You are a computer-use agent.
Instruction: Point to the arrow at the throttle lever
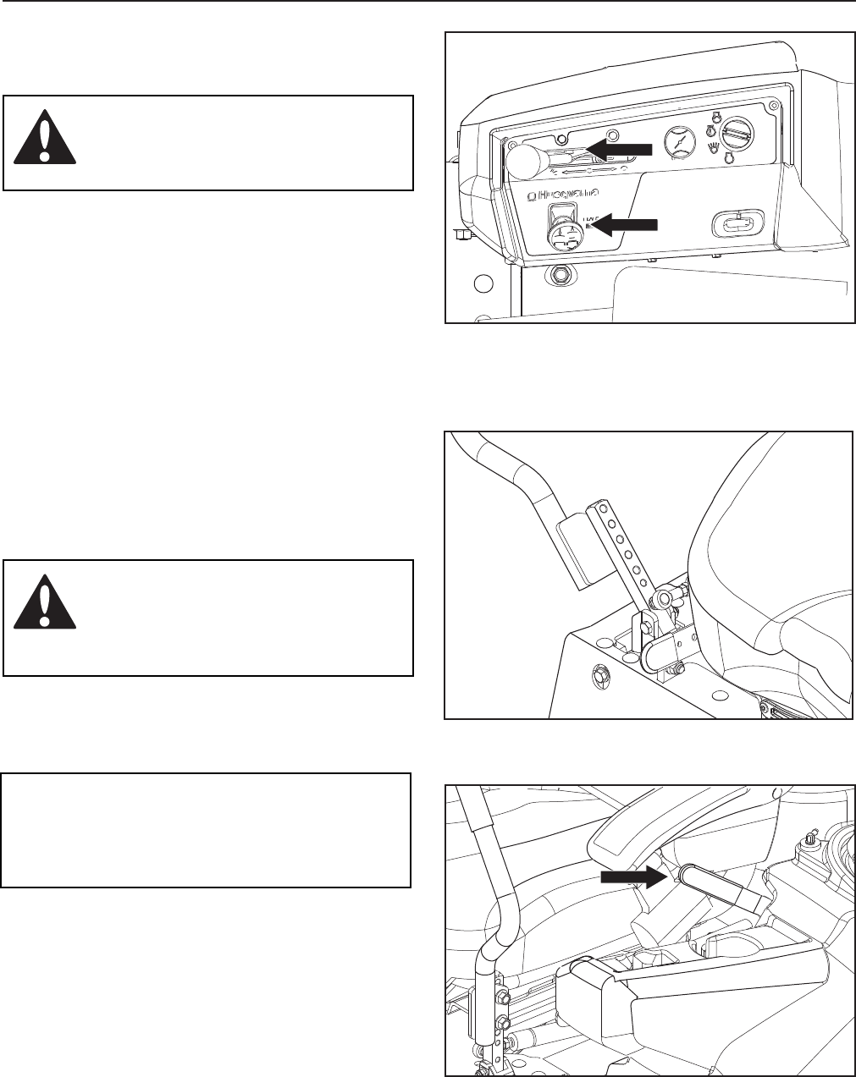[x=621, y=149]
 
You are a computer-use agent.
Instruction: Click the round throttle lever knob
[x=525, y=159]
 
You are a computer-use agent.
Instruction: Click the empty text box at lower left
[x=206, y=829]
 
